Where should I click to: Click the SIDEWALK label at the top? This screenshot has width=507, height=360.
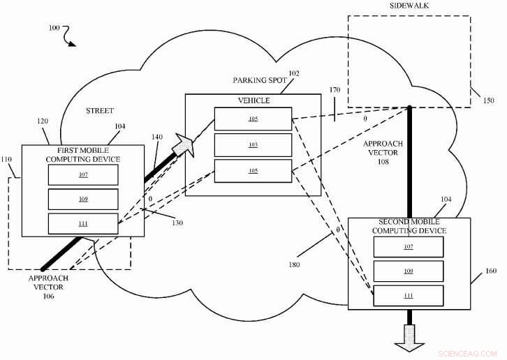click(409, 6)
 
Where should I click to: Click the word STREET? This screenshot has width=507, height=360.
click(100, 111)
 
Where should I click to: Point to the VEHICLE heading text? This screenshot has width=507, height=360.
click(253, 100)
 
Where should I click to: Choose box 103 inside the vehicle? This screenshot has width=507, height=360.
click(253, 145)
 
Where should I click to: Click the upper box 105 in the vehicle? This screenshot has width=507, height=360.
click(253, 119)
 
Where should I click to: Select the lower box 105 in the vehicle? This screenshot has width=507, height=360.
click(253, 170)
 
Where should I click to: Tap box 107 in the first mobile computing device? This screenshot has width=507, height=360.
click(83, 174)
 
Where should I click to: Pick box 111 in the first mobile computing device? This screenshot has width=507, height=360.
click(83, 224)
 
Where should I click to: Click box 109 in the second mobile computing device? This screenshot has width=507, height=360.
click(408, 271)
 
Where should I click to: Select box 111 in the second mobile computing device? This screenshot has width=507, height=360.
click(408, 296)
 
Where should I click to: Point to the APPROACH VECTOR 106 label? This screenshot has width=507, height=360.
click(49, 287)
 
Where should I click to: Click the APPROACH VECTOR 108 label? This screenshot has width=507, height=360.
click(383, 151)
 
